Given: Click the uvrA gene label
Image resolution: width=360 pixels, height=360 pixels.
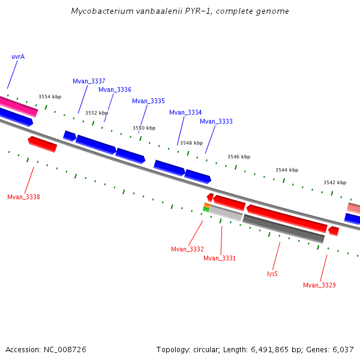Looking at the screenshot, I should (x=18, y=56).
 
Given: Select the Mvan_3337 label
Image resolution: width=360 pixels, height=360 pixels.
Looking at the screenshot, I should (x=89, y=81).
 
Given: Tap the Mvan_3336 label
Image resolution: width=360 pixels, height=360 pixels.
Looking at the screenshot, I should (x=115, y=89).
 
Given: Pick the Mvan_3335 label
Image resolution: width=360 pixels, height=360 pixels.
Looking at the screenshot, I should (x=148, y=101).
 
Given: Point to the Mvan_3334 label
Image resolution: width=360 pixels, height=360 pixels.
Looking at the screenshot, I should (x=185, y=112).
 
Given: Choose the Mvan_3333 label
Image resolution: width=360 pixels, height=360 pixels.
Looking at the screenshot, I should (x=216, y=121).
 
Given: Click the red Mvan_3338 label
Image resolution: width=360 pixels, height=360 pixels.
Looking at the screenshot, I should (x=23, y=197).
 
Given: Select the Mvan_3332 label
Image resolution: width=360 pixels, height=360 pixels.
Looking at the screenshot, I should (x=187, y=249).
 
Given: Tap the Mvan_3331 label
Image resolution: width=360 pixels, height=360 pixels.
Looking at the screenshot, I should (x=220, y=258).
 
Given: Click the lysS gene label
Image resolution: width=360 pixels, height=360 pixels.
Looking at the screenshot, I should (x=272, y=274).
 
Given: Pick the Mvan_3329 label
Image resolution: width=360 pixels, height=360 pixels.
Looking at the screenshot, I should (x=319, y=285).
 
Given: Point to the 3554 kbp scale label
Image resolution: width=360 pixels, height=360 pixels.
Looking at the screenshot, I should (x=50, y=97).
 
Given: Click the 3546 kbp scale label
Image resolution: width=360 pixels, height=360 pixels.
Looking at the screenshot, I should (x=239, y=157).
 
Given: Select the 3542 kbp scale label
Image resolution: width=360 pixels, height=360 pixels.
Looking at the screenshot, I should (x=335, y=182).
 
